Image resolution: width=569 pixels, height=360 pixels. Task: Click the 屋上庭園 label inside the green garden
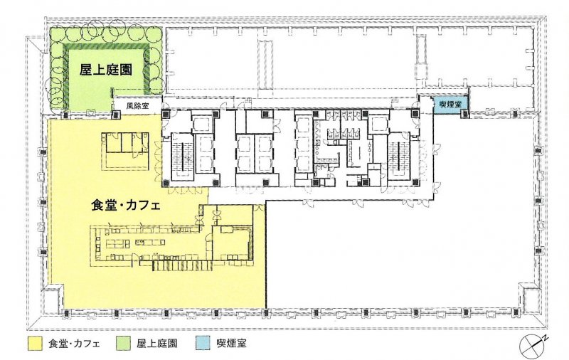click(105, 69)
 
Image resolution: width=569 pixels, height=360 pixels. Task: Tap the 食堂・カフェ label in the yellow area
click(126, 206)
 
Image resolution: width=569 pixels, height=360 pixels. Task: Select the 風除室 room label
click(137, 106)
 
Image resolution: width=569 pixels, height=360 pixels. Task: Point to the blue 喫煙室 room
click(450, 104)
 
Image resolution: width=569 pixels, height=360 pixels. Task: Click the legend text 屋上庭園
click(156, 344)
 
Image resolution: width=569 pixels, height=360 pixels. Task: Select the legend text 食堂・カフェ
click(74, 344)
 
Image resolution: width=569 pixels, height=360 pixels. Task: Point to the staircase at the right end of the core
click(398, 157)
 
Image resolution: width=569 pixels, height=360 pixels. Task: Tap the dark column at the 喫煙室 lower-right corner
click(465, 114)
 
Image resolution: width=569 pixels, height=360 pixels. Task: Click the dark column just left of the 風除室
click(115, 115)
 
